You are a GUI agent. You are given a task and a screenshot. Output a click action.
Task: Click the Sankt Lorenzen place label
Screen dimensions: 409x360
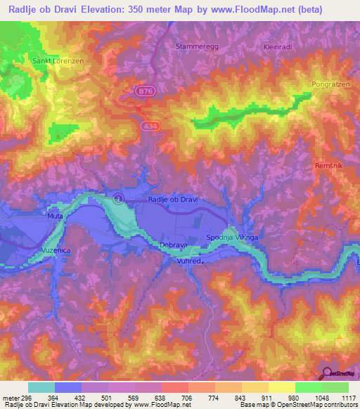(x=58, y=61)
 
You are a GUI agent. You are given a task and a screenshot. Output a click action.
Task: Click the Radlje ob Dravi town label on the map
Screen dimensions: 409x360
(x=174, y=200)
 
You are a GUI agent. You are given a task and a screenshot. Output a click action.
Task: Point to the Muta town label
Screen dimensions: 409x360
(x=55, y=216)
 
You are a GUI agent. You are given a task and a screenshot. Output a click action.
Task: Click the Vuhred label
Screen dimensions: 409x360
(x=190, y=261)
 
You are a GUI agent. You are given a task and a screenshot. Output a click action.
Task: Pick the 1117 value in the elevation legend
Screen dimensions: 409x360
(x=348, y=398)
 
